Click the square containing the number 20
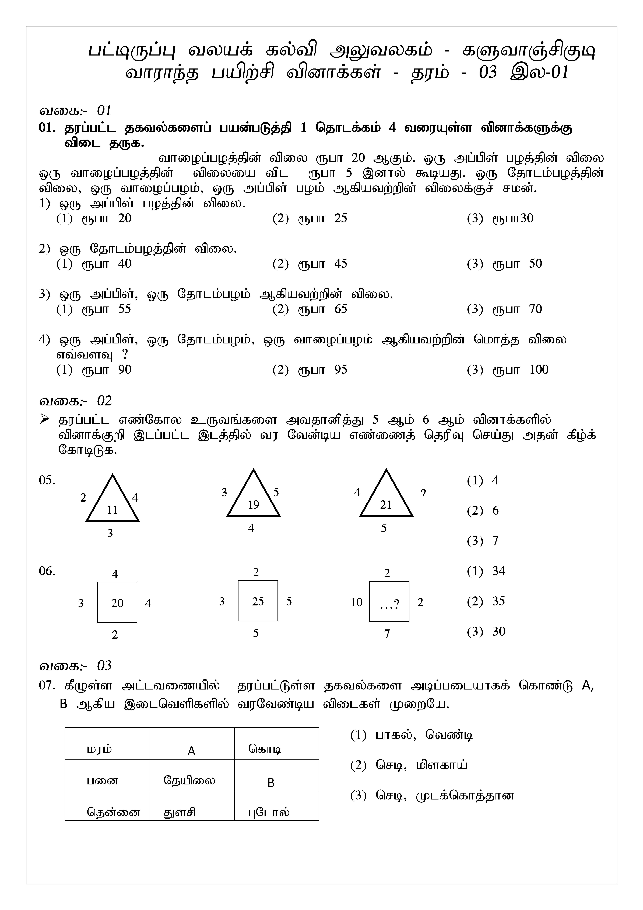(117, 602)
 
